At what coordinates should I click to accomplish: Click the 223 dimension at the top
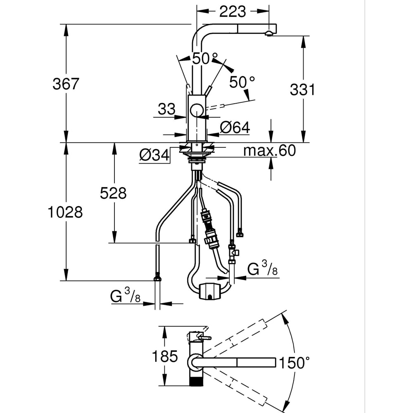tap(233, 11)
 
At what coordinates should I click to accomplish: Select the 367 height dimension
tap(66, 84)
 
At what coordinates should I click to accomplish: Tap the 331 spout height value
tap(302, 89)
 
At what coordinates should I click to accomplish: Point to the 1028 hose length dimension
tap(65, 212)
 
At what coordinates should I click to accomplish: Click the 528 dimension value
tap(113, 193)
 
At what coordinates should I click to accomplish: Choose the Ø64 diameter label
tap(235, 128)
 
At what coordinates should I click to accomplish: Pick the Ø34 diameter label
tap(154, 155)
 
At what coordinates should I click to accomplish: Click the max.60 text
tap(269, 151)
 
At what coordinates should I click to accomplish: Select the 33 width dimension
tap(167, 109)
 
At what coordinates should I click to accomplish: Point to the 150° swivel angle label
tap(294, 363)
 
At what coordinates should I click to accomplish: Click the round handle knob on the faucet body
tap(197, 112)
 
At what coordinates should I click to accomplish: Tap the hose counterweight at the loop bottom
tap(210, 291)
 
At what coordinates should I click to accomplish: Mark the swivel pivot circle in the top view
tap(194, 363)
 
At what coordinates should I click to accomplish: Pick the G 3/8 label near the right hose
tap(262, 269)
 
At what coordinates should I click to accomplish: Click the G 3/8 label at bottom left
tap(124, 297)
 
